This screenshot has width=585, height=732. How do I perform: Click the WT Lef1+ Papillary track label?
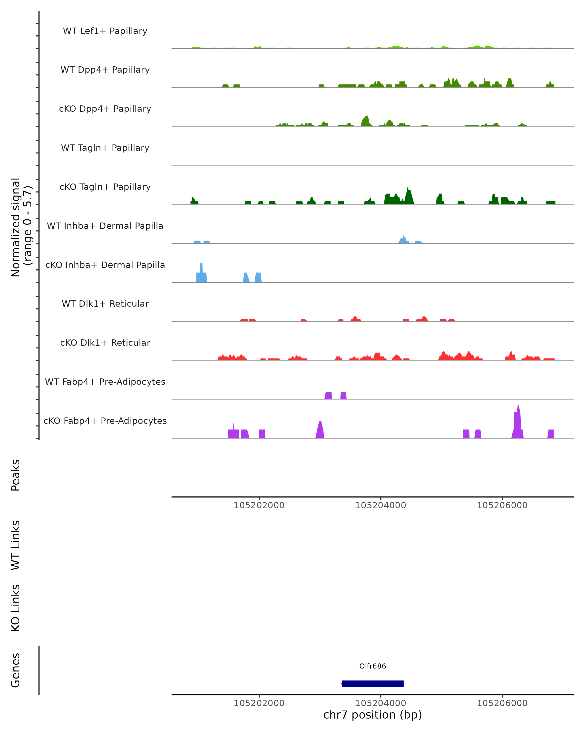[105, 31]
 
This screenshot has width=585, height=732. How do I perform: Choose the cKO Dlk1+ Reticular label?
[105, 343]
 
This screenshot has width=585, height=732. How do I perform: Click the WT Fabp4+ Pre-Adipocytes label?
[105, 382]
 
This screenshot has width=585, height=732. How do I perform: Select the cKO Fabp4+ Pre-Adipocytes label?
[105, 421]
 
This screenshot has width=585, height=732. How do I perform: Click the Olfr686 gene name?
[372, 666]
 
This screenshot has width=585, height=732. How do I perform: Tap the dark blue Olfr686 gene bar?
[372, 683]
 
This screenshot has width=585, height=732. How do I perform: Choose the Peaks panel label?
[16, 475]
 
